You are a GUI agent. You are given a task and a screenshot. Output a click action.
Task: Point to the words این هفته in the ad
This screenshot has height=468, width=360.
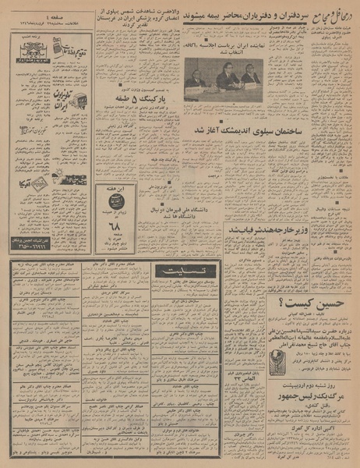coord(111,190)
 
